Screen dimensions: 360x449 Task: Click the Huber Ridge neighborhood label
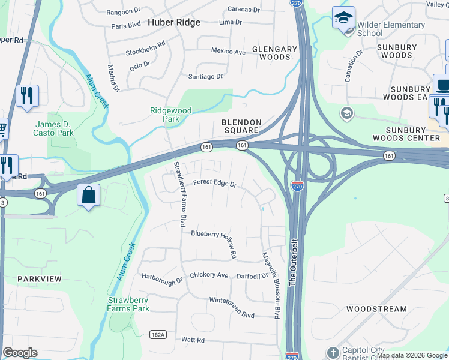click(x=173, y=22)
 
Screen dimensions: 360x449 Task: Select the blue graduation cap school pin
click(x=343, y=17)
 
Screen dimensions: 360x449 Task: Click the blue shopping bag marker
click(x=88, y=196)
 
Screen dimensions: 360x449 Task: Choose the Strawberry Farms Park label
click(x=128, y=304)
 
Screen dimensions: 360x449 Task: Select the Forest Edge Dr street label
click(x=214, y=184)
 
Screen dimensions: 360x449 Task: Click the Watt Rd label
click(x=193, y=340)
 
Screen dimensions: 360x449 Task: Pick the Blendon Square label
click(x=240, y=125)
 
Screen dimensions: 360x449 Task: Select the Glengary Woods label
click(x=274, y=53)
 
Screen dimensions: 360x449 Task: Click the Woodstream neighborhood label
click(x=376, y=309)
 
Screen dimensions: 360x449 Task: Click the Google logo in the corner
click(x=20, y=353)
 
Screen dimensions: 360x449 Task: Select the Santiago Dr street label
click(x=205, y=77)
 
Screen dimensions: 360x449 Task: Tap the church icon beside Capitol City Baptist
click(x=333, y=352)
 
